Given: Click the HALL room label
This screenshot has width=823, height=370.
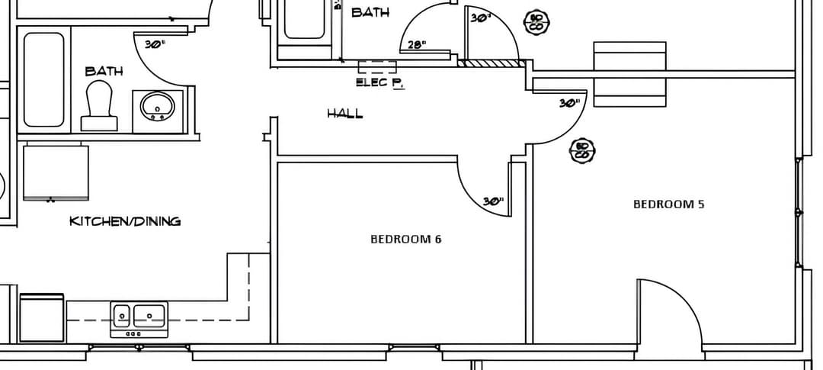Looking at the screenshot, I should [344, 114].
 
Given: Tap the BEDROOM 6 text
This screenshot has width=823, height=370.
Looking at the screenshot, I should [405, 239].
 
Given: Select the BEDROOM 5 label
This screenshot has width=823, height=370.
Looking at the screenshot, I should [663, 204].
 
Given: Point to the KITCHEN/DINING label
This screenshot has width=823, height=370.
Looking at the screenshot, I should [125, 221].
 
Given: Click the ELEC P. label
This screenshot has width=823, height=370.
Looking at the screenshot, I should [379, 82].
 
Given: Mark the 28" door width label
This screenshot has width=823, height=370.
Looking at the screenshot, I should [416, 45].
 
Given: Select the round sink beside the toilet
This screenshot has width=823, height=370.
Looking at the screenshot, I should [159, 107].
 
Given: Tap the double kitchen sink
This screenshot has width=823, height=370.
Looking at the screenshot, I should [139, 317].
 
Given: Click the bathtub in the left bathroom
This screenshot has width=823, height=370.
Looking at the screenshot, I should [43, 79].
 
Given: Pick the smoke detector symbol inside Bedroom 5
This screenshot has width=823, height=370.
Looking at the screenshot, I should [583, 150].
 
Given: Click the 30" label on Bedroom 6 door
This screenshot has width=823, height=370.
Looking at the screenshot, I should [493, 201].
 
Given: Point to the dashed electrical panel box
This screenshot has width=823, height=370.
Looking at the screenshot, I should [377, 67].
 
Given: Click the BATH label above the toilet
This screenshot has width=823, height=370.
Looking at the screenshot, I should [104, 71].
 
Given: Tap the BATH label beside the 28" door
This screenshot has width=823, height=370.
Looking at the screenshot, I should [370, 12].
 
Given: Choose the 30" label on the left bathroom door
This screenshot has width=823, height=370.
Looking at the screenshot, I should [155, 44].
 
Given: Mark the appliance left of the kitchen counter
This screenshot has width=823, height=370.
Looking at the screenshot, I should [42, 317].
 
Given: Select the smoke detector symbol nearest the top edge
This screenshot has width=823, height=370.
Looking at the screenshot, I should [536, 21].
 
